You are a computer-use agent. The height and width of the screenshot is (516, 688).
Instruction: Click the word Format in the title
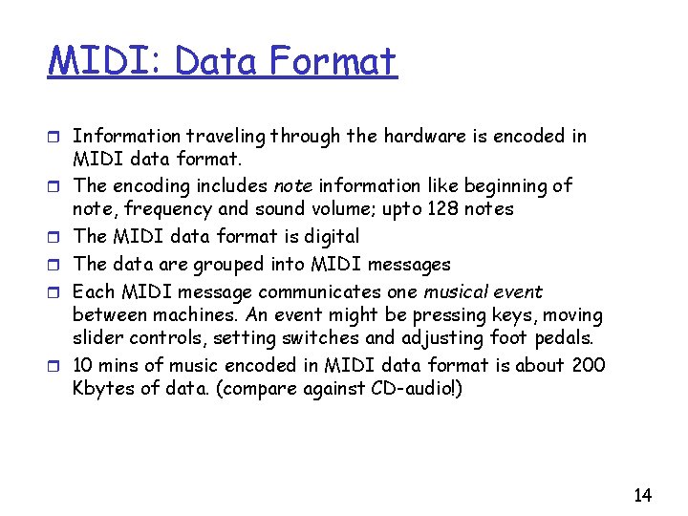[333, 62]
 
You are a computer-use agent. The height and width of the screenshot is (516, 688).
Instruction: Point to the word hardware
[419, 136]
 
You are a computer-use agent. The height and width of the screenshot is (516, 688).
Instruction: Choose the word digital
[328, 236]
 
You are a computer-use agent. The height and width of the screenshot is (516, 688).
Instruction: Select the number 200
[588, 365]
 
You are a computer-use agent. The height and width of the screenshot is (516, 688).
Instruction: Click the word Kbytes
[104, 388]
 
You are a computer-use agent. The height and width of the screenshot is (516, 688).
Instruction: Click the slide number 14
[643, 495]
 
